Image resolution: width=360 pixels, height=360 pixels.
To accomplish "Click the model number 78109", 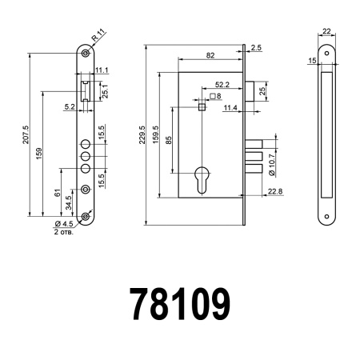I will pos(179,305).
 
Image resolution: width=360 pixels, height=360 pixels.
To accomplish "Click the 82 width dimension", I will pos(209,54).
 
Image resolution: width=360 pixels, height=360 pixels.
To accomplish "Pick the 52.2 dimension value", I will pos(223,83).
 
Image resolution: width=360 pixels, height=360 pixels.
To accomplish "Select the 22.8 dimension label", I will pos(274,190).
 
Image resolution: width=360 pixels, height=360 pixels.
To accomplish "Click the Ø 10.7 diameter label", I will pos(272,159).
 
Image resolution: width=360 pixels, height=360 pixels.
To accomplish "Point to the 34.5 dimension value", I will pos(68,196).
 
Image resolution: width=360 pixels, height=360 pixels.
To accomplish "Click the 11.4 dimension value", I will pos(230,107).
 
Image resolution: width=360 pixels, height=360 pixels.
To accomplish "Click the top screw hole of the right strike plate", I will pos(326,54).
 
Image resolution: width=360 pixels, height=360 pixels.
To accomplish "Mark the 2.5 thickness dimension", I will pos(255,48).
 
